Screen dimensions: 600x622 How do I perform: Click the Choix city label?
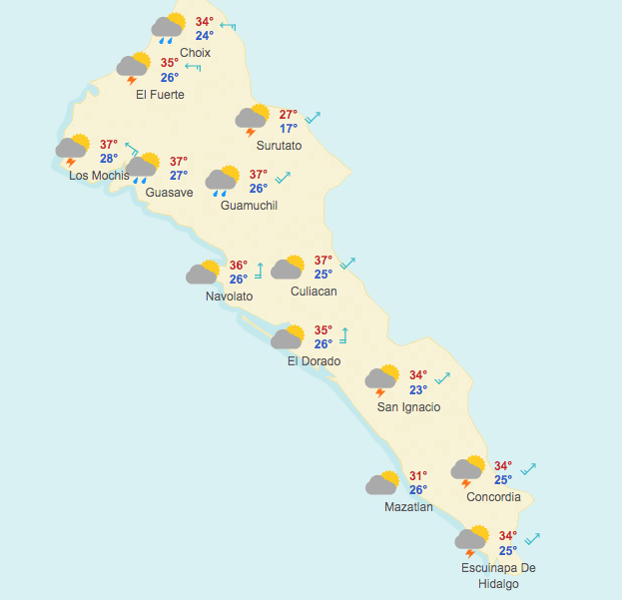196,53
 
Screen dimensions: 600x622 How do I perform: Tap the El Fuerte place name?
160,95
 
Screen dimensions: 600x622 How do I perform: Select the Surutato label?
278,146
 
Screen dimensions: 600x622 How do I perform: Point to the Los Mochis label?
99,176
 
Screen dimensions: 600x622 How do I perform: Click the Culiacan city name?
313,292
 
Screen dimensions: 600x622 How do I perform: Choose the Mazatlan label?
408,507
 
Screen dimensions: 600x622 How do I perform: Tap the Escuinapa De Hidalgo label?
498,576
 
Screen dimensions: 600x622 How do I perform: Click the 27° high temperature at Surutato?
289,115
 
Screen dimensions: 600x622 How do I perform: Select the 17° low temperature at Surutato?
289,129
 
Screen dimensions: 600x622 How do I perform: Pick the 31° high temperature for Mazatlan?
418,476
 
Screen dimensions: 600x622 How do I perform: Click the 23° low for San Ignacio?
418,390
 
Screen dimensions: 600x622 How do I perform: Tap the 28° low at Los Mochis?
109,159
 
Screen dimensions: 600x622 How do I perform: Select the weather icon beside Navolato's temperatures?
204,273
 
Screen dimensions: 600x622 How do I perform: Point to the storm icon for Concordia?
467,470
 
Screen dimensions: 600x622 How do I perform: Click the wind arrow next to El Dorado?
344,335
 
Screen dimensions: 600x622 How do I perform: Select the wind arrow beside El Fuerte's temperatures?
193,67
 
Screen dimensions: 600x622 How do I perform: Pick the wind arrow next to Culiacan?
347,264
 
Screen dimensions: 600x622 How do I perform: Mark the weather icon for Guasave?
143,167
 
